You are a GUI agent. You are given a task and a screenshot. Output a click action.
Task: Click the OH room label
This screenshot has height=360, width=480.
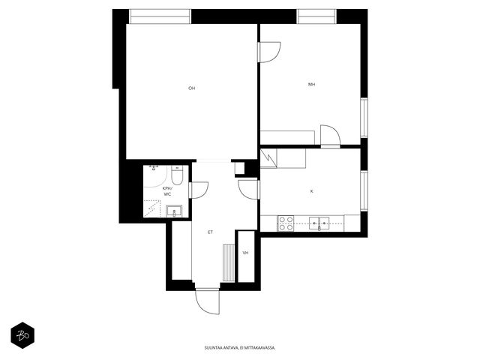[192, 88]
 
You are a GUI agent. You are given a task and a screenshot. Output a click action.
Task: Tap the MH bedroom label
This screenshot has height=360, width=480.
[312, 84]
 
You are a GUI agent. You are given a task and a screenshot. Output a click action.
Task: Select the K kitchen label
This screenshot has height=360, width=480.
[312, 191]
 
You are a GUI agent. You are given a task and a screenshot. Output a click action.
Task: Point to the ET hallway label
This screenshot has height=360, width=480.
[210, 232]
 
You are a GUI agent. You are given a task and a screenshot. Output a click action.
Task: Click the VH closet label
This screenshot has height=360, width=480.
[245, 253]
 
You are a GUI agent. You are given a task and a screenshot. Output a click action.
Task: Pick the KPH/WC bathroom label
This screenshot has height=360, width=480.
[167, 191]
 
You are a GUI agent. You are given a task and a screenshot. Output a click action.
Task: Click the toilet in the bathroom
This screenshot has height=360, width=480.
[177, 175]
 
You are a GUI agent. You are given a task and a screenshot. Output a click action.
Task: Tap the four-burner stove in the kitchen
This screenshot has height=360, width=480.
[286, 223]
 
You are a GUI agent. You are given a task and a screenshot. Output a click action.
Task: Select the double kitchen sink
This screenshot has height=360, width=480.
[319, 223]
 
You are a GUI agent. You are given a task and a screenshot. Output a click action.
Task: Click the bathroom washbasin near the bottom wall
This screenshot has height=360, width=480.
[174, 211]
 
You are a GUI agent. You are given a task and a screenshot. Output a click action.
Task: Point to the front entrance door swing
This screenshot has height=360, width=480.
[208, 301]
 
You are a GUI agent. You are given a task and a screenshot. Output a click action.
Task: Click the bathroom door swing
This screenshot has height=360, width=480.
[199, 190]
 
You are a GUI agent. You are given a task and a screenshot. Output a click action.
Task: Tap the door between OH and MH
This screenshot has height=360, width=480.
[269, 52]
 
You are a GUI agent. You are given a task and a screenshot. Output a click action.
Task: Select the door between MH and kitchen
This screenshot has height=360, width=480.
[330, 136]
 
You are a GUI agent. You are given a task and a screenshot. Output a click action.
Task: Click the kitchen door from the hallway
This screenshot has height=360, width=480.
[249, 190]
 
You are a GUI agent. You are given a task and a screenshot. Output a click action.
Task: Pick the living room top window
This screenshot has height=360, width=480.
[160, 16]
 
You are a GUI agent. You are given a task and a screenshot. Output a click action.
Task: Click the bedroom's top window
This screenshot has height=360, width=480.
[316, 16]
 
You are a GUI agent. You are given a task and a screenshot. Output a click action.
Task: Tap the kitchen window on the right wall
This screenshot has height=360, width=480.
[364, 190]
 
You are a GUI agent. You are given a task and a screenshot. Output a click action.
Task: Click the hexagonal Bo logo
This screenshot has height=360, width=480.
[22, 335]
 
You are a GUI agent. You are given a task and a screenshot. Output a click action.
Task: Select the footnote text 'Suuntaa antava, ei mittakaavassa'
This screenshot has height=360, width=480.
[240, 348]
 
